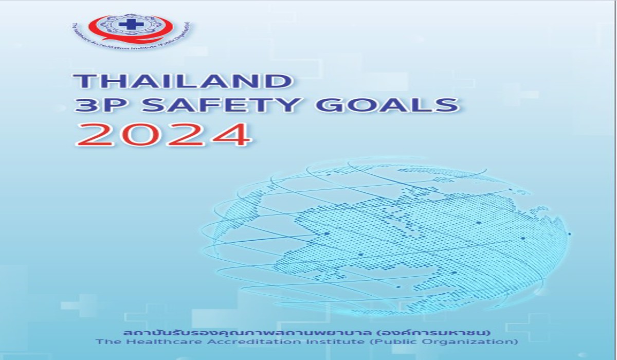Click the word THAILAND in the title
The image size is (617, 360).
click(183, 81)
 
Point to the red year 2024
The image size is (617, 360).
click(164, 135)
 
